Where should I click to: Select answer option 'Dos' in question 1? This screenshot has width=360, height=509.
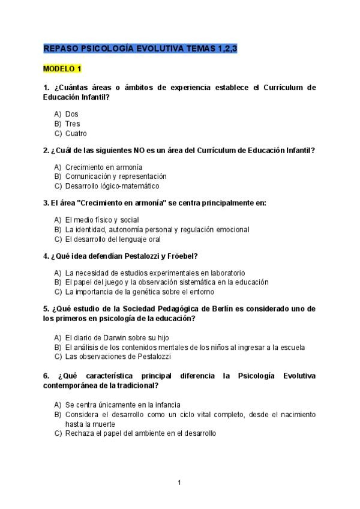point(71,114)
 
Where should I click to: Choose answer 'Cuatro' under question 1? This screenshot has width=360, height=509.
point(76,133)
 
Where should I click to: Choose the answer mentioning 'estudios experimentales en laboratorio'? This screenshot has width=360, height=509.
point(155,273)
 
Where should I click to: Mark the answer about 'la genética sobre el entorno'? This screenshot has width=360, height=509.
point(139,292)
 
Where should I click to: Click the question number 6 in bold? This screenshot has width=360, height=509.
point(46,376)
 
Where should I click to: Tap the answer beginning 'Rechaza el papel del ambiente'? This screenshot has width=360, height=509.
point(140,433)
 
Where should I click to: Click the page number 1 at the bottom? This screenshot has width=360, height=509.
point(179,482)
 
